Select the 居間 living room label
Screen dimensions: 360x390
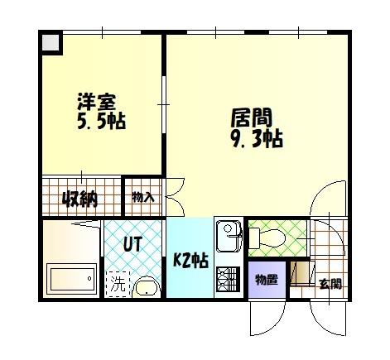point(252,118)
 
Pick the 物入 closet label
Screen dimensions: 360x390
point(143,197)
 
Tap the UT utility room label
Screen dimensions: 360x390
point(132,245)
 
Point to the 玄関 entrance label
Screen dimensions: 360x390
point(330,284)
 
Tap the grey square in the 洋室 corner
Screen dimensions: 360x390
point(51,43)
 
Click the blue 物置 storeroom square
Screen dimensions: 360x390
point(267,279)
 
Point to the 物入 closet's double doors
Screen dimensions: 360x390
point(171,198)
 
